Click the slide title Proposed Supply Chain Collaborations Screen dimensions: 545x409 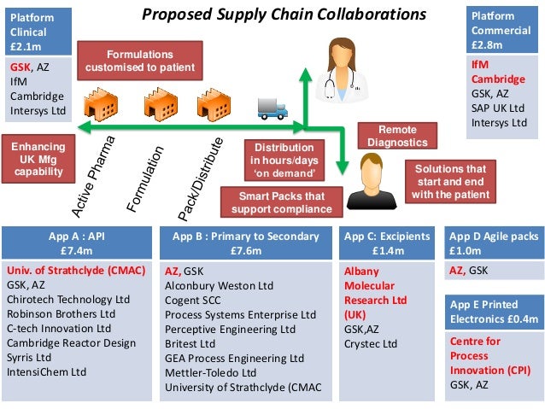tap(284, 15)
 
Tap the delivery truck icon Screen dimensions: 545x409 tap(272, 108)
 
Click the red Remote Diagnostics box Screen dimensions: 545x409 tap(397, 134)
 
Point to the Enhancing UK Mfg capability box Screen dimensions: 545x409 tap(38, 160)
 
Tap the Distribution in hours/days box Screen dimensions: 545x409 tap(283, 160)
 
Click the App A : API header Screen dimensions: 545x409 tap(79, 243)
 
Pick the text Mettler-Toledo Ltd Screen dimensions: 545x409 tap(211, 372)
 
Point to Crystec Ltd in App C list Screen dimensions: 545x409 tap(371, 344)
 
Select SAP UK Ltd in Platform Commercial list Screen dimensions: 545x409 tap(500, 108)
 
